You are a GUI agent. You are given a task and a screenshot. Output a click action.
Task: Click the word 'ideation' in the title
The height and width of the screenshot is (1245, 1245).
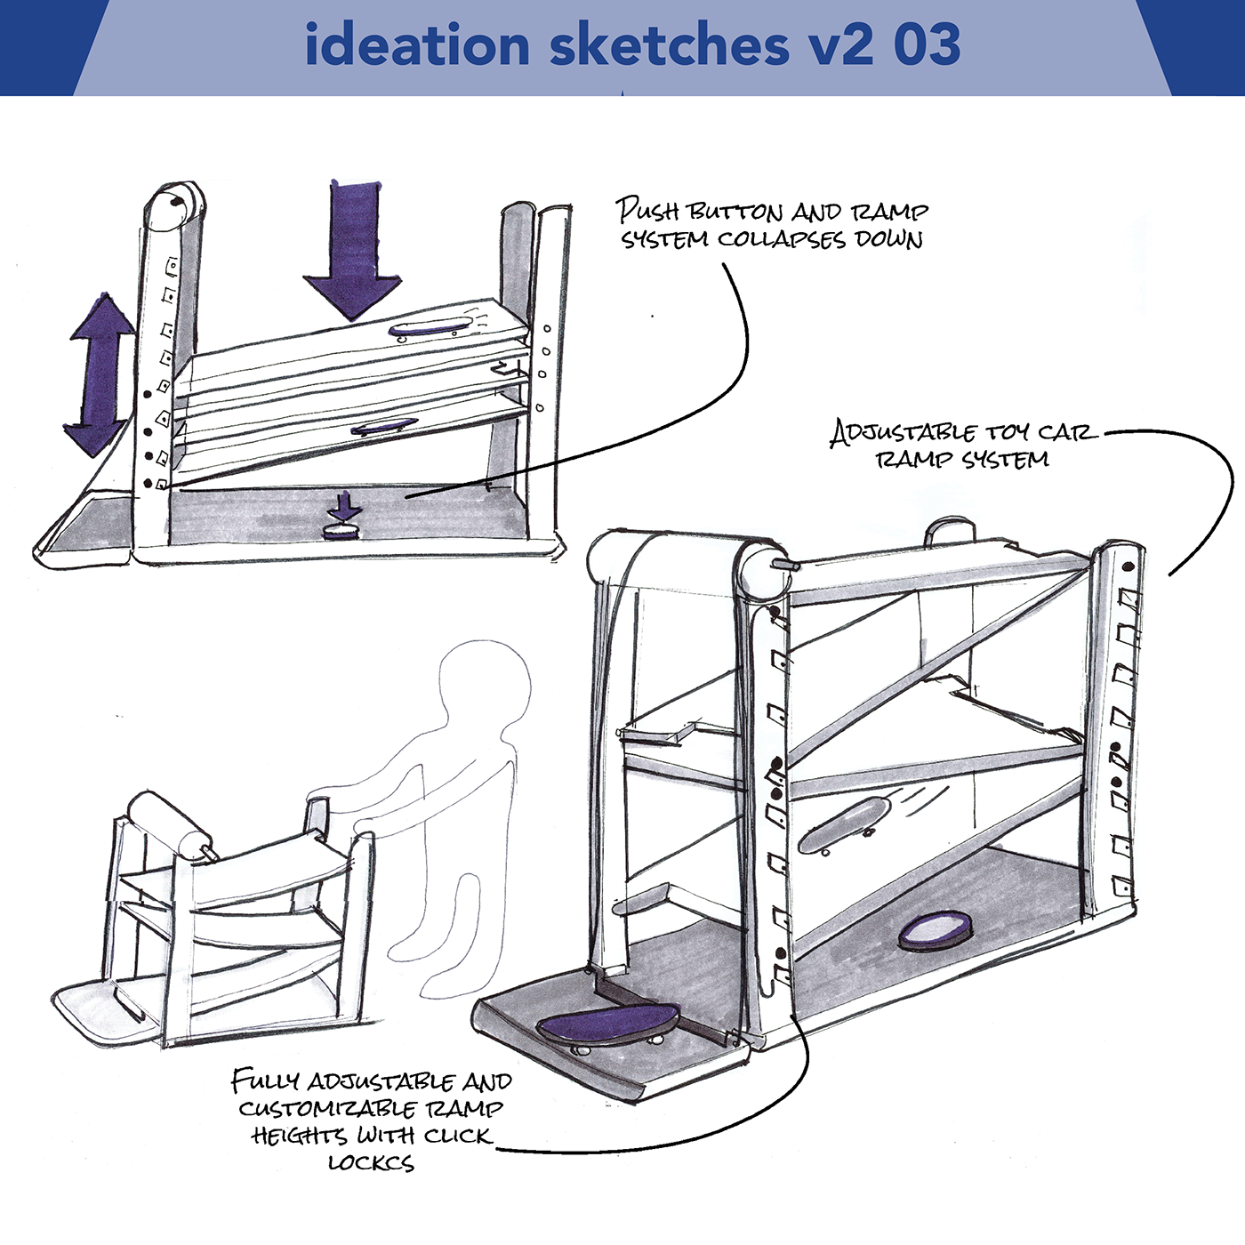pyautogui.click(x=416, y=45)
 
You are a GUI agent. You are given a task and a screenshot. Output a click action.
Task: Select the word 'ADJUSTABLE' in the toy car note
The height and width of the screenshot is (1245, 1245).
pyautogui.click(x=904, y=433)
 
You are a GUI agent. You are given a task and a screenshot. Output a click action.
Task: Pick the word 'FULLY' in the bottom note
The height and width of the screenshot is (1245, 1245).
pyautogui.click(x=264, y=1081)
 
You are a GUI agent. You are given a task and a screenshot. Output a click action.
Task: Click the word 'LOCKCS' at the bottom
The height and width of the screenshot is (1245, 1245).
pyautogui.click(x=371, y=1162)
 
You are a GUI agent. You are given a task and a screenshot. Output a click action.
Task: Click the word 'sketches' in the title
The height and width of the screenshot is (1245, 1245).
pyautogui.click(x=670, y=45)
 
